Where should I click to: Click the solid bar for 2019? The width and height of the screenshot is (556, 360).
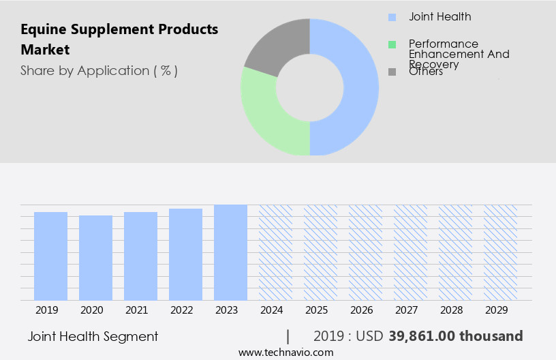pyautogui.click(x=50, y=256)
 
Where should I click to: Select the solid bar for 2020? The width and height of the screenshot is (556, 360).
pyautogui.click(x=95, y=258)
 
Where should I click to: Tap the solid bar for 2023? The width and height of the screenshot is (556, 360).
pyautogui.click(x=230, y=252)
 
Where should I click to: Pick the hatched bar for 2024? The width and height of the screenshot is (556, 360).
pyautogui.click(x=275, y=252)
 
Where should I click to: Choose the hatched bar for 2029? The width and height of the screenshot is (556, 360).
pyautogui.click(x=500, y=252)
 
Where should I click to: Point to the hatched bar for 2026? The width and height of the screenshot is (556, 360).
pyautogui.click(x=365, y=252)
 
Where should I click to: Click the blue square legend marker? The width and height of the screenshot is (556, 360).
pyautogui.click(x=392, y=17)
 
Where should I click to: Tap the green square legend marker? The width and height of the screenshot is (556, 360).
pyautogui.click(x=392, y=44)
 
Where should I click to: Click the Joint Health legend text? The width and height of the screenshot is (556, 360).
pyautogui.click(x=439, y=16)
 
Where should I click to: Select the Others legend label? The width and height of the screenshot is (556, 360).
pyautogui.click(x=426, y=72)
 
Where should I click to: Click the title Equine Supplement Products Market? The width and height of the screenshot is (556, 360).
pyautogui.click(x=119, y=40)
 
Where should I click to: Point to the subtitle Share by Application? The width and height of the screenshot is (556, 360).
pyautogui.click(x=99, y=70)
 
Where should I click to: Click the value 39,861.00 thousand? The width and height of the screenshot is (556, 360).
pyautogui.click(x=456, y=336)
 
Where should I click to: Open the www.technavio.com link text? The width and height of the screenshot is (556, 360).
pyautogui.click(x=285, y=352)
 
